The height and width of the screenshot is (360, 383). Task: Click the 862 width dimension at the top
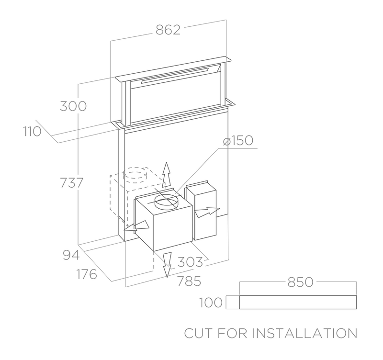coord(168,30)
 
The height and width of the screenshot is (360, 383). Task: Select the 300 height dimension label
coord(73,106)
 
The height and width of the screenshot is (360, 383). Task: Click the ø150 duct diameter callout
coord(237,141)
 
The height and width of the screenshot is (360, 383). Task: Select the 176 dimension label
coord(86,274)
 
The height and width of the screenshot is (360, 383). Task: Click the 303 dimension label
coord(190,262)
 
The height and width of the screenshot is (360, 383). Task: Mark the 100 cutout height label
coord(211,303)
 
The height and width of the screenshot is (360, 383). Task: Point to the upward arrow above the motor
coord(166,175)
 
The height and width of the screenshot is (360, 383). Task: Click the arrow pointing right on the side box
coord(207,212)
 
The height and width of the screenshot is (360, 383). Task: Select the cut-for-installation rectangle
coord(297,303)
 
